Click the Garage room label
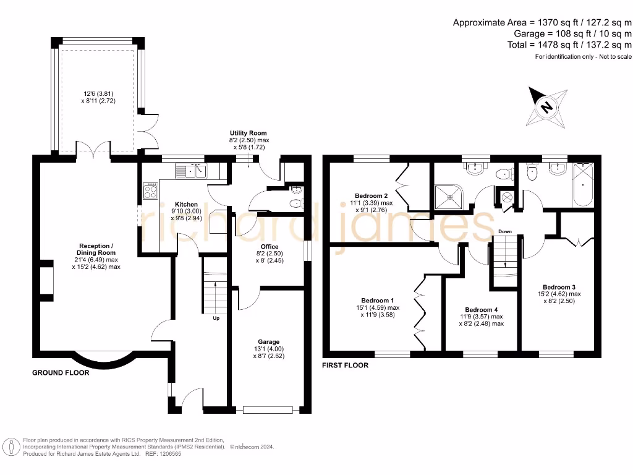click(269, 341)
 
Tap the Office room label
click(270, 246)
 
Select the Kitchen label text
click(186, 204)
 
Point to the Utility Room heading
click(249, 133)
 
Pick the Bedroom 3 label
click(559, 287)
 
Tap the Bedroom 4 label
click(481, 310)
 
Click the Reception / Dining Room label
click(96, 249)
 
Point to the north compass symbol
click(547, 106)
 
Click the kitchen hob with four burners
click(150, 191)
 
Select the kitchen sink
click(192, 170)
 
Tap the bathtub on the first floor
click(583, 184)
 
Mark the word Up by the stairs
click(216, 319)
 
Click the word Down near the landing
click(505, 232)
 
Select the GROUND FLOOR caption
click(61, 373)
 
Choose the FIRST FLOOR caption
click(345, 366)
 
